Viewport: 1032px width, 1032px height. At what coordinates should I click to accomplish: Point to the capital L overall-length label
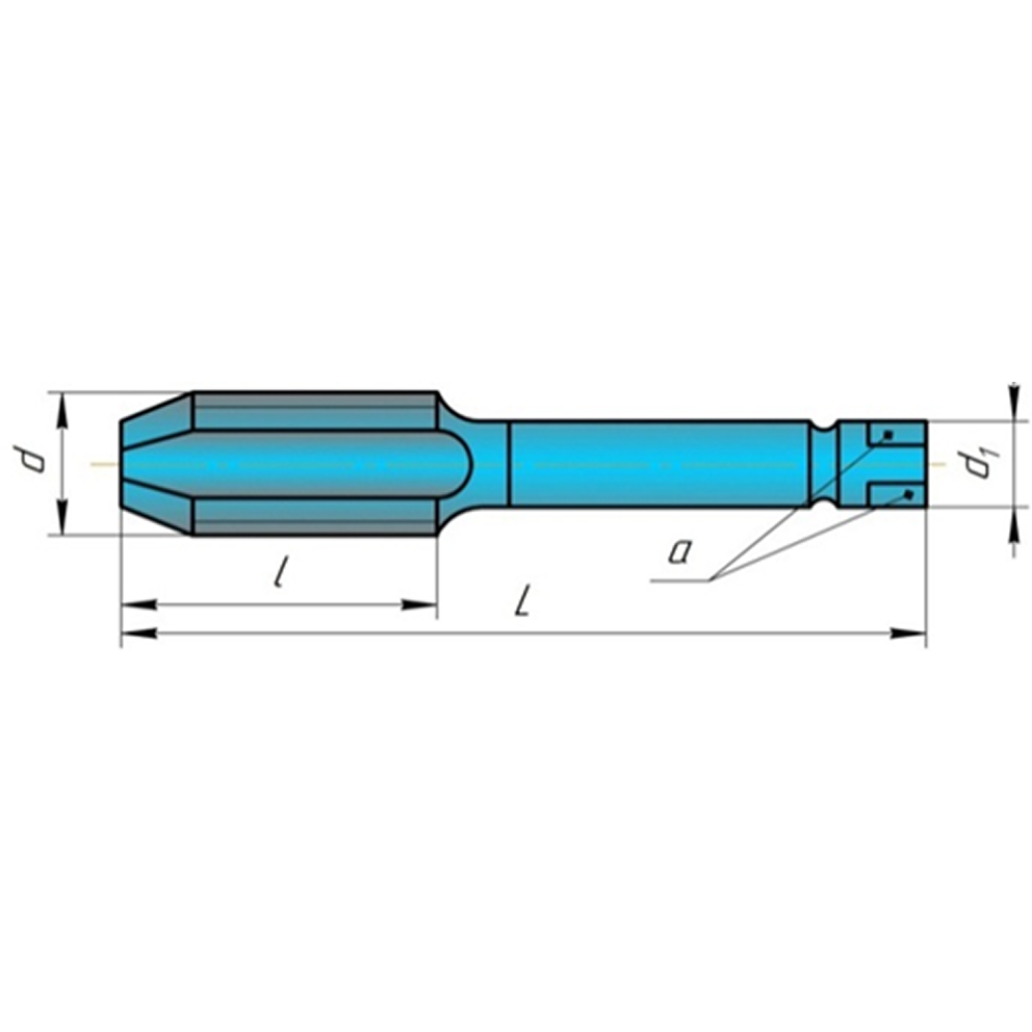pos(520,598)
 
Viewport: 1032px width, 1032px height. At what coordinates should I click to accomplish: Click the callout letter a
pos(679,550)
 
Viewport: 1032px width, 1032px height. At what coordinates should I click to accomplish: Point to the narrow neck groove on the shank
pos(823,463)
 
